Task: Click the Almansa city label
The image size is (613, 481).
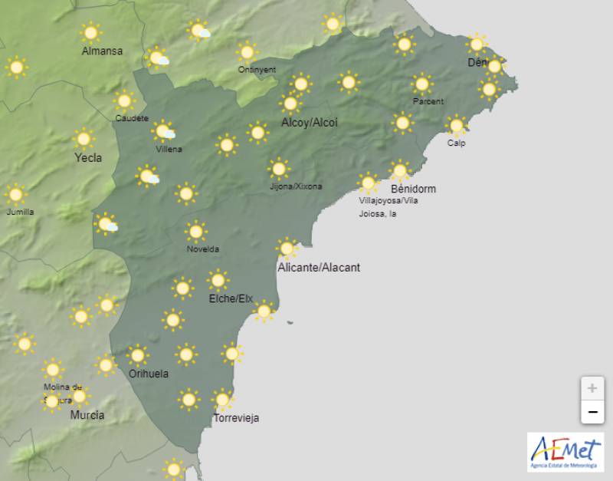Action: point(102,51)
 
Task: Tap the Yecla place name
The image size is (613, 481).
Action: point(87,159)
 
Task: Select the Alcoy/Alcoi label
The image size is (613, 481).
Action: point(309,123)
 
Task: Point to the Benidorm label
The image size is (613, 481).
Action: point(413,189)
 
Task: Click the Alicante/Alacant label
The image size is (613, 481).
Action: point(319,268)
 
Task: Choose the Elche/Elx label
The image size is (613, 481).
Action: point(231,298)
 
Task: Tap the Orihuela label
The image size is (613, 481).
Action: point(149,374)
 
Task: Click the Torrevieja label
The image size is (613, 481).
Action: point(236,418)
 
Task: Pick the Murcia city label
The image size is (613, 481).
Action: point(87,415)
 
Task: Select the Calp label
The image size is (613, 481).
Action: point(457,143)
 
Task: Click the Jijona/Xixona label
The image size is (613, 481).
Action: point(296,186)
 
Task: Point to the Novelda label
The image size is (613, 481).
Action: point(203,249)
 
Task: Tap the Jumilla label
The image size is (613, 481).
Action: point(20,212)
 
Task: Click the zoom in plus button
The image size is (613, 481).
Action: point(592,388)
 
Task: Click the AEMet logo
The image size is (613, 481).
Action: point(565,452)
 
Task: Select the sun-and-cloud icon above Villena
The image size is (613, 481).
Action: point(163,131)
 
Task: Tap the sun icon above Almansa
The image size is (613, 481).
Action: point(91,33)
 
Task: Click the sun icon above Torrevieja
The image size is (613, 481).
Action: point(222,400)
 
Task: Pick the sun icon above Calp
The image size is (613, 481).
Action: point(457,125)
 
